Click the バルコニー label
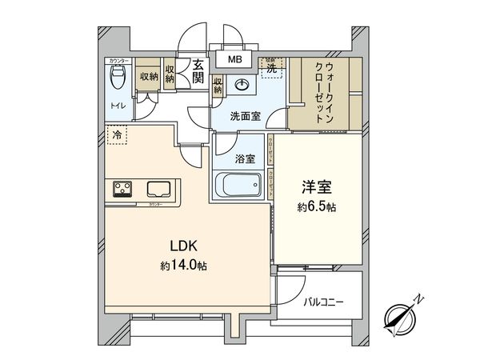323,302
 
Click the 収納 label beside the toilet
148,77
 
